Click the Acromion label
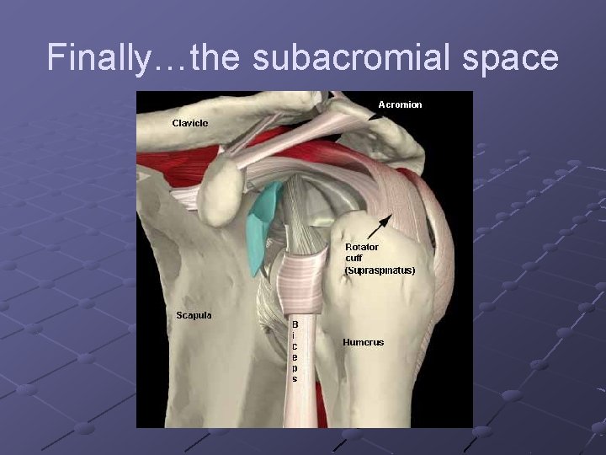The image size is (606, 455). click(400, 104)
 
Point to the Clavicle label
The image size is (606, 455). click(190, 123)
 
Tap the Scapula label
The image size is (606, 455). click(194, 315)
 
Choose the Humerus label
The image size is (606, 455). click(363, 342)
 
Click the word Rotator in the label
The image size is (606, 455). click(363, 247)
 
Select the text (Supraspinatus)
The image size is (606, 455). click(380, 270)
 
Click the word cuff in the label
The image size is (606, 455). click(353, 259)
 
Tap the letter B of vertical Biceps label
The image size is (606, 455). click(295, 324)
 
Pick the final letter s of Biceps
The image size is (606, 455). click(295, 379)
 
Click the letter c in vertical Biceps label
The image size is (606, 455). click(295, 345)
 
